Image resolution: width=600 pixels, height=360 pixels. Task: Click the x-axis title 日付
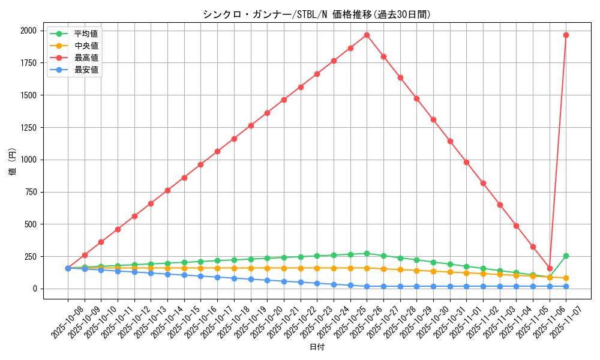[x=317, y=347]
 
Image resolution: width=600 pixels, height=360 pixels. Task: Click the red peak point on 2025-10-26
[x=367, y=35]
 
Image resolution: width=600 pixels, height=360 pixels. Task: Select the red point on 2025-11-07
[x=566, y=35]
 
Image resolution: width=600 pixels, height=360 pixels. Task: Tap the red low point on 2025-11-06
[x=550, y=268]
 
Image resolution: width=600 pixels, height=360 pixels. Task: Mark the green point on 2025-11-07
[x=566, y=256]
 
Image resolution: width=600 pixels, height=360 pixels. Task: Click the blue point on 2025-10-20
[x=267, y=280]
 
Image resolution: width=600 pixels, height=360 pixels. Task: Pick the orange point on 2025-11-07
[x=566, y=278]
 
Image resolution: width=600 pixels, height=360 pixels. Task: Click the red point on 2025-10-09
[x=85, y=255]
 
